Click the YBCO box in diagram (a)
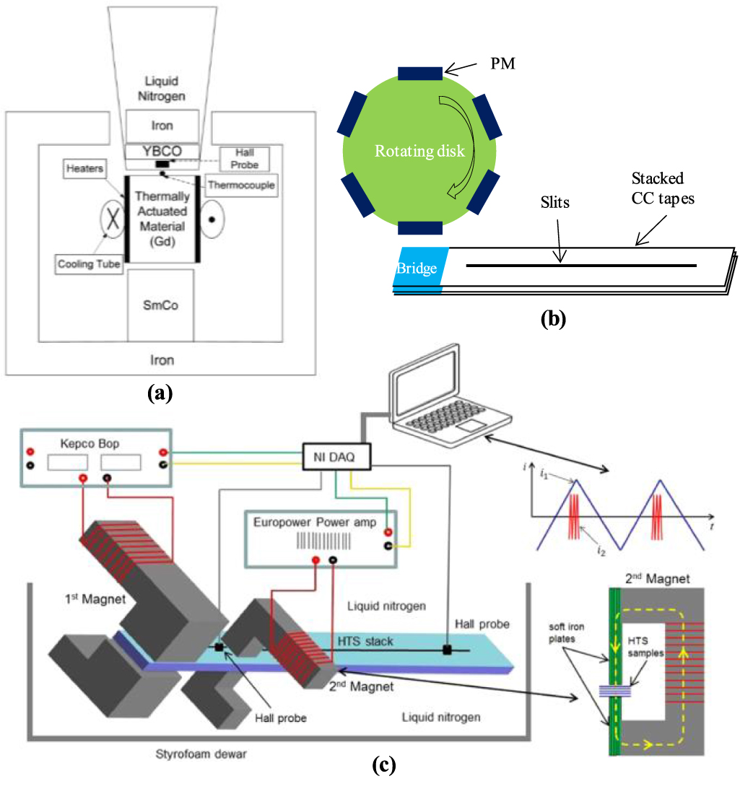162,151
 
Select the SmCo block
162,305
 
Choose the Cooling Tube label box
89,263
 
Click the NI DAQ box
334,457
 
